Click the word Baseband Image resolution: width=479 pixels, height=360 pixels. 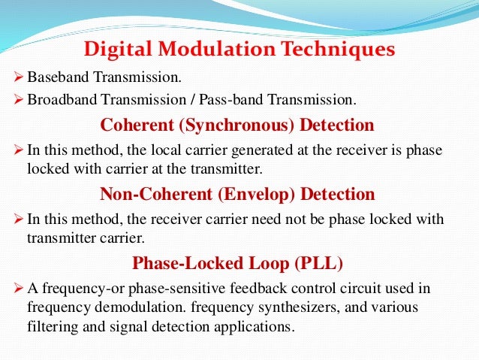point(53,77)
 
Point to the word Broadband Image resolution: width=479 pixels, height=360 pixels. point(56,100)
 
